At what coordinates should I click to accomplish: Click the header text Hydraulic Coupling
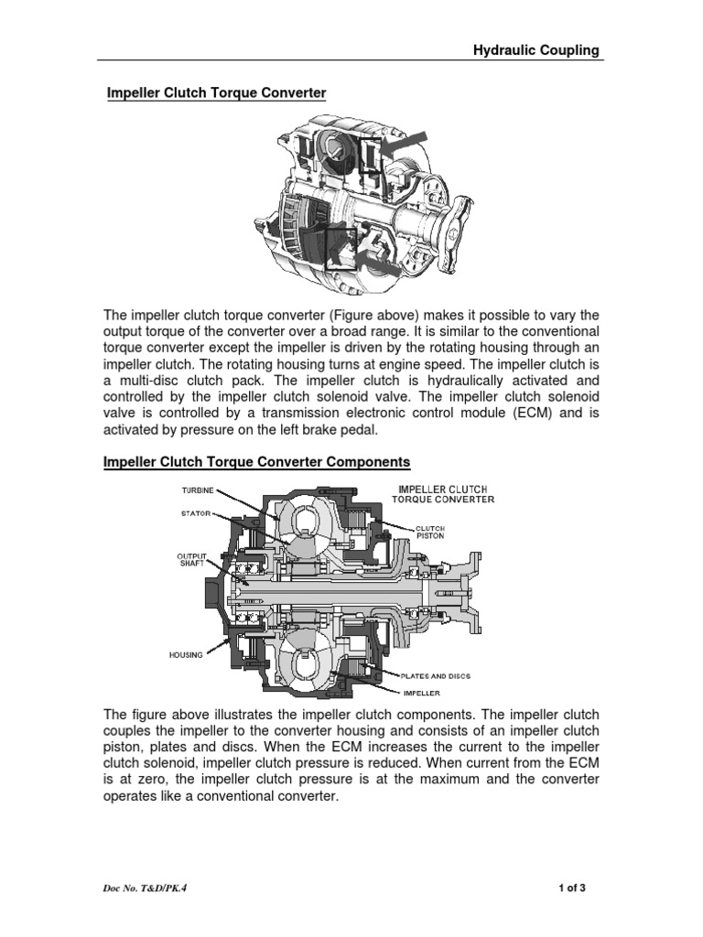point(535,50)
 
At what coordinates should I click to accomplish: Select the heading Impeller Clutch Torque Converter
point(216,93)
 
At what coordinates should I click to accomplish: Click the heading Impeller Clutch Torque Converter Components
point(259,463)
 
